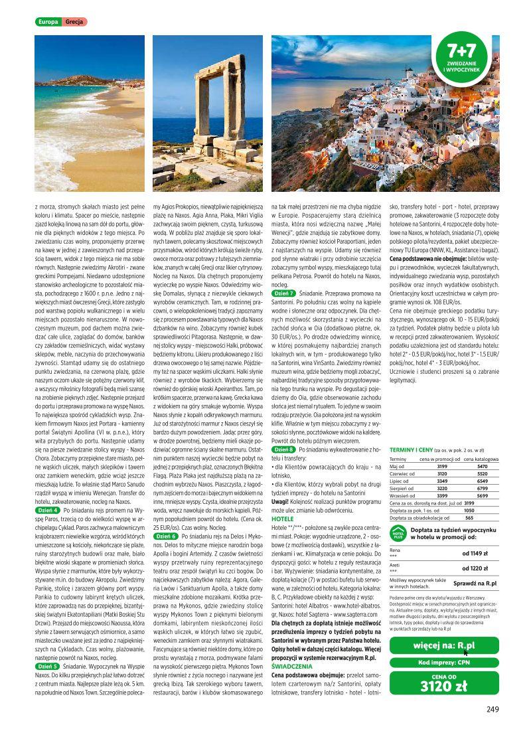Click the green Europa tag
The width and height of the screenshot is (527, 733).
(x=48, y=22)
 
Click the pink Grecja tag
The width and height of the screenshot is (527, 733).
(x=74, y=22)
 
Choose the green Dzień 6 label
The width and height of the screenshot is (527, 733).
(x=166, y=535)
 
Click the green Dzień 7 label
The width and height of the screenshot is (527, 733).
(x=284, y=293)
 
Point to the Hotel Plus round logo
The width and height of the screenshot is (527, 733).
(x=398, y=534)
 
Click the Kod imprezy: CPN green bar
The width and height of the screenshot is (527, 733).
(x=444, y=663)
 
